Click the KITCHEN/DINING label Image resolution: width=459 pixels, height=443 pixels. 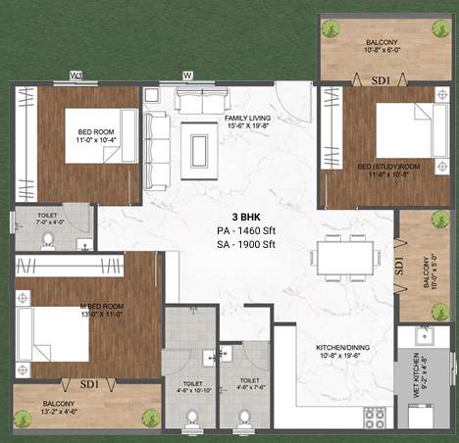[341, 354]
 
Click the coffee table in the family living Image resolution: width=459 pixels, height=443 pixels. [200, 146]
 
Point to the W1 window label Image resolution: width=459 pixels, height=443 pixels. [76, 74]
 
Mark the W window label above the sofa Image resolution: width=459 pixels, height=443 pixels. [187, 74]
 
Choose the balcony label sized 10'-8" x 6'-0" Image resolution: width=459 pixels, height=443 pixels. [383, 45]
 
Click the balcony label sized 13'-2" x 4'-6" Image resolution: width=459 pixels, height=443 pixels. [61, 408]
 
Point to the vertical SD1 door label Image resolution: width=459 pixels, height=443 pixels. [399, 265]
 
